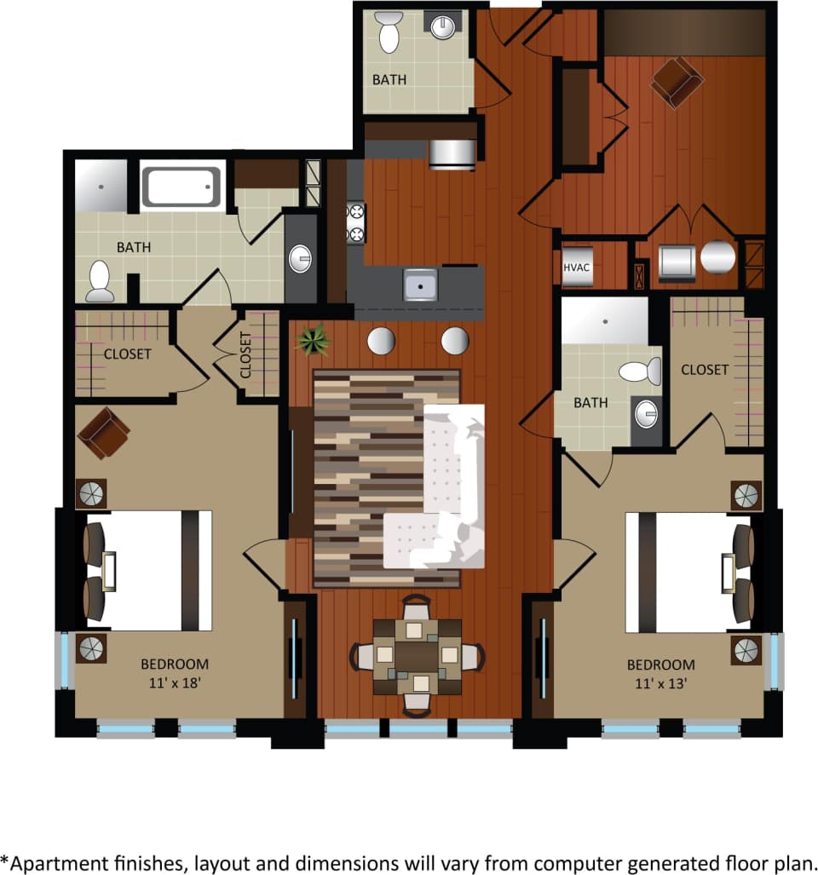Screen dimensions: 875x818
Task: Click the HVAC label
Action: pyautogui.click(x=577, y=267)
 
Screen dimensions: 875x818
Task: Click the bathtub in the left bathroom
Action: pyautogui.click(x=181, y=187)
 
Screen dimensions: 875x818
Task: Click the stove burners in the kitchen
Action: pyautogui.click(x=354, y=223)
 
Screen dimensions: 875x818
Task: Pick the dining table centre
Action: pyautogui.click(x=417, y=655)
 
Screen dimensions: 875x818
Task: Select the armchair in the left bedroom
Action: pyautogui.click(x=103, y=432)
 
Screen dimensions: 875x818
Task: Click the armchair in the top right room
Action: pyautogui.click(x=677, y=82)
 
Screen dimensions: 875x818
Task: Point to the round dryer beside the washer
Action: pyautogui.click(x=717, y=256)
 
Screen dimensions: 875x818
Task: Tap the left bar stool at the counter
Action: pyautogui.click(x=381, y=341)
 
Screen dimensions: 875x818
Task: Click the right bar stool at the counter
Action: pyautogui.click(x=455, y=341)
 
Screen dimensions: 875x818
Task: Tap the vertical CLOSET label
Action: pyautogui.click(x=245, y=355)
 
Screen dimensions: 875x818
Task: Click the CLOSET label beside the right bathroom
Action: pyautogui.click(x=705, y=369)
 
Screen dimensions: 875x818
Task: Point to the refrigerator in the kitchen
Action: pyautogui.click(x=452, y=154)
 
